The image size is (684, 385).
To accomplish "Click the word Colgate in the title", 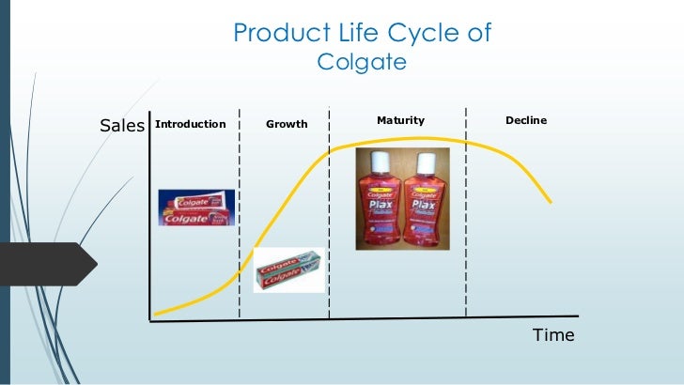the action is click(362, 63).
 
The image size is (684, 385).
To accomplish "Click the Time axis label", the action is click(553, 335).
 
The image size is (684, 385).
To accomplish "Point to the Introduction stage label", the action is click(190, 124).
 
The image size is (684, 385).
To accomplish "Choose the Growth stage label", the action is click(287, 124).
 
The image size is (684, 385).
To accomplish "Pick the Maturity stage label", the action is click(400, 120).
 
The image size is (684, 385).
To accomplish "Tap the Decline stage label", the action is click(526, 120).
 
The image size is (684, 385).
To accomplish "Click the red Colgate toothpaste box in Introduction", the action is click(192, 206).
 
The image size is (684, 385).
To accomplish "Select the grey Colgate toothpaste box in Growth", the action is click(289, 269).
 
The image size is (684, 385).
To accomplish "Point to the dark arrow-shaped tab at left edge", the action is click(47, 263).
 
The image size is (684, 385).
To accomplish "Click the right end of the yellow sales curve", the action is click(550, 202).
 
